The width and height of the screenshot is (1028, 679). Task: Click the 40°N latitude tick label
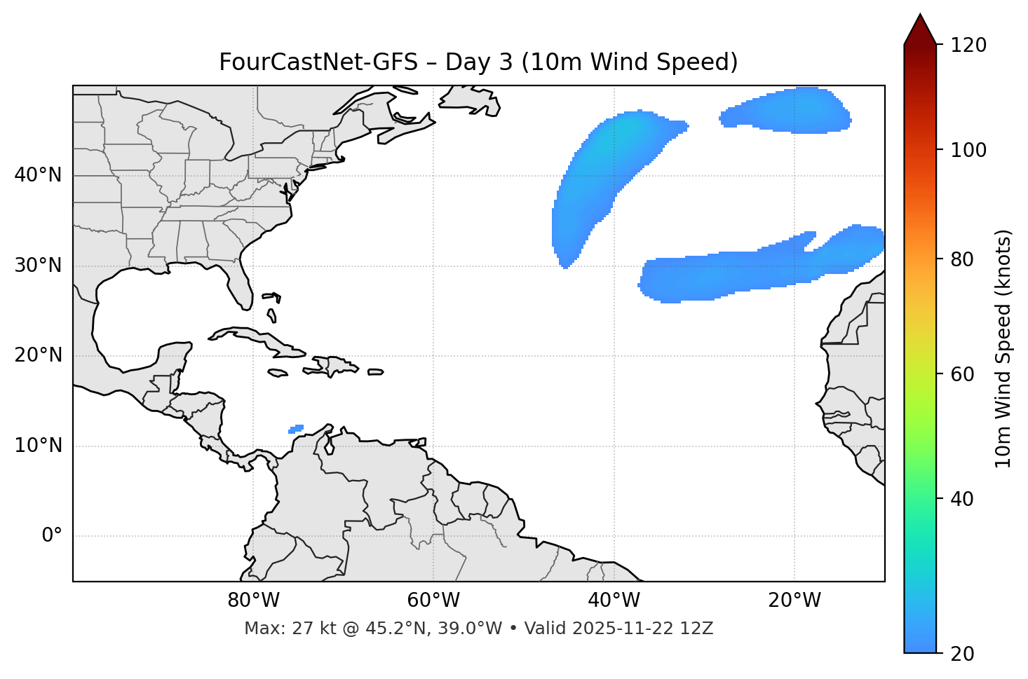coord(38,175)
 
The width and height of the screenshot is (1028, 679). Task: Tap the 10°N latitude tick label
coord(38,446)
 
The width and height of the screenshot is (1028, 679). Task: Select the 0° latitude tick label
coord(52,536)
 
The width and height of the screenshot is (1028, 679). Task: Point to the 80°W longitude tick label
coord(253,601)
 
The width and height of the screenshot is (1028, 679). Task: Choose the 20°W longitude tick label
coord(794,601)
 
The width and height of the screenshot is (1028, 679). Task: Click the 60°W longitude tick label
coord(433,601)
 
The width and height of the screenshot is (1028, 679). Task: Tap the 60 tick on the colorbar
coord(963,374)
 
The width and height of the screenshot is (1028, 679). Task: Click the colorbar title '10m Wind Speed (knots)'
coord(1003,348)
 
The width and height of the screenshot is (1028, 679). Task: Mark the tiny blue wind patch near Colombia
coord(296,429)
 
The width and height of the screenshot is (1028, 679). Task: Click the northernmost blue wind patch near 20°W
coord(789,111)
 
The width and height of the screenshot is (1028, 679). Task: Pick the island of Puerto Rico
coord(375,372)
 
